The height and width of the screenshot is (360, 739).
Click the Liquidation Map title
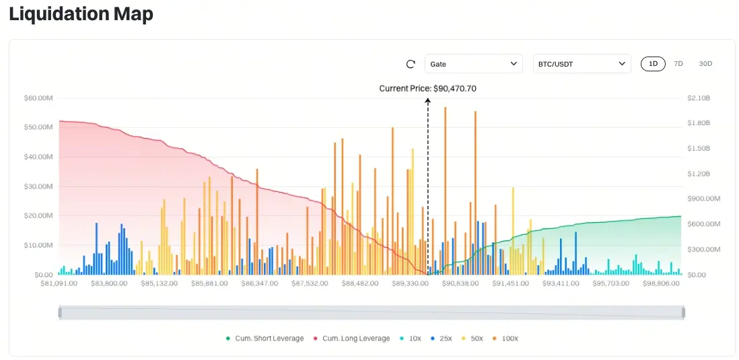[81, 13]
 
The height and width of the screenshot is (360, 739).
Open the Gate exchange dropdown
[473, 64]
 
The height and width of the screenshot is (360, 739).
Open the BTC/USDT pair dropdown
[582, 64]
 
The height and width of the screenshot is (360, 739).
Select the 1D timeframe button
[653, 64]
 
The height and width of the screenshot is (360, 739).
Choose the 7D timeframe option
[678, 64]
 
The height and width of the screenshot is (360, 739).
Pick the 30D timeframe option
[705, 64]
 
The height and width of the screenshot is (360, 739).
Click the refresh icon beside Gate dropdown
[411, 64]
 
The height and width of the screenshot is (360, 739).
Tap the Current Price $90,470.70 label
[428, 88]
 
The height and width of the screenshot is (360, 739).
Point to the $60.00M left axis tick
[38, 98]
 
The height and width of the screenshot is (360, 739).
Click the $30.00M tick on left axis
[38, 186]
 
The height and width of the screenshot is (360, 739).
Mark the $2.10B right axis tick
[699, 98]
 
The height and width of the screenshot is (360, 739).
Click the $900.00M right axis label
[703, 199]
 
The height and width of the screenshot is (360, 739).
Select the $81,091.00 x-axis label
[59, 284]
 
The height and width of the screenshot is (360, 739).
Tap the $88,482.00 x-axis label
[359, 284]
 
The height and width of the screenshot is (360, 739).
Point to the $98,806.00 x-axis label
[661, 284]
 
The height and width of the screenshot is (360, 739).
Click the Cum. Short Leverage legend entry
[266, 338]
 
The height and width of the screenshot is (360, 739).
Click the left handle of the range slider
[60, 312]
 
